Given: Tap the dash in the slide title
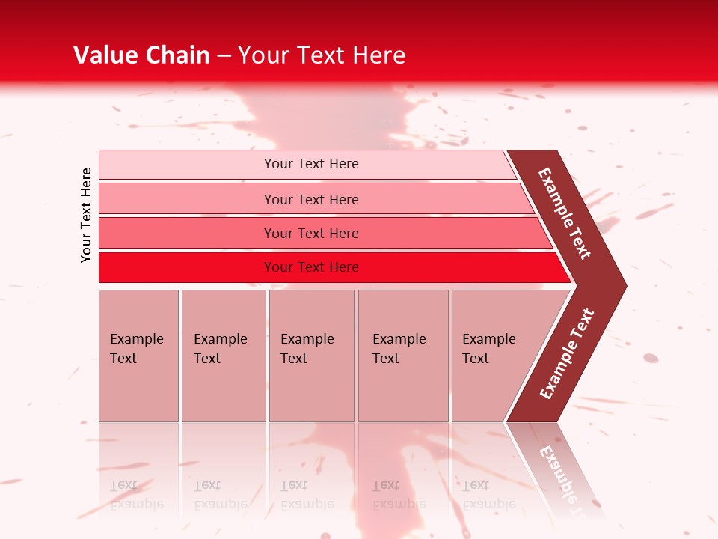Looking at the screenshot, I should [224, 56].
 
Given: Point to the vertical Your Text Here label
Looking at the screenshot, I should [86, 215].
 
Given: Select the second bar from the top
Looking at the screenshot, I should [311, 199].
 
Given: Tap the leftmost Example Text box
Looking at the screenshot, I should [138, 355].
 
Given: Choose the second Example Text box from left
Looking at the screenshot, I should [223, 355].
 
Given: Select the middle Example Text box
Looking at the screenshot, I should [311, 355].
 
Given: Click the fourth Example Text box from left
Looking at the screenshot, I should [403, 355].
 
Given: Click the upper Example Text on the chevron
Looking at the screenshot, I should [565, 213].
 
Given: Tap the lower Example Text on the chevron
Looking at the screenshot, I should [567, 354].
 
